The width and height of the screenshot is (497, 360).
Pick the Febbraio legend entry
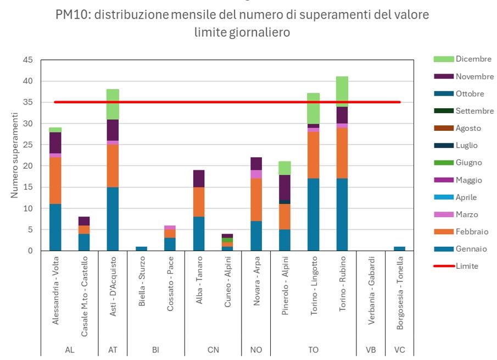point(471,231)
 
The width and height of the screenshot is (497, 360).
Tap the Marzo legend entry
point(466,214)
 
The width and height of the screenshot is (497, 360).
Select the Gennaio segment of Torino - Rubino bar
point(342,214)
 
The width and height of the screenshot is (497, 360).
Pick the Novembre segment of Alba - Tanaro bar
point(198,179)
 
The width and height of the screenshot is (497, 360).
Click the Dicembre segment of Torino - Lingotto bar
point(313,108)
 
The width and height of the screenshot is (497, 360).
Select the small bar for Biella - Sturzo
point(141,248)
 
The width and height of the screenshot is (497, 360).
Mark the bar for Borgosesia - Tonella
point(399,248)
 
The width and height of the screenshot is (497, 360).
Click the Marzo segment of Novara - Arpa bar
point(256,174)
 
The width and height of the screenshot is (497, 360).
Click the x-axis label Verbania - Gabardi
point(371,290)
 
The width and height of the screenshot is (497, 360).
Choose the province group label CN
point(213,350)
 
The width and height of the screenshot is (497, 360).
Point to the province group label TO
point(313,350)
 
